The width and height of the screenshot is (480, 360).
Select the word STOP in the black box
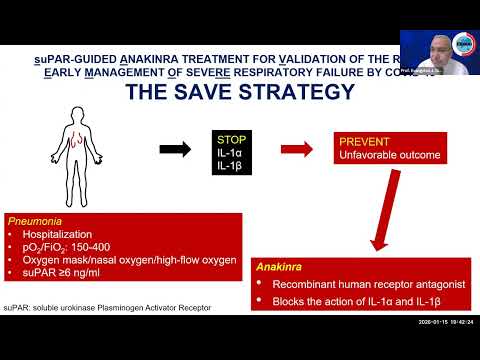(x=229, y=139)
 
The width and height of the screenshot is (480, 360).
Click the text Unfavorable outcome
(x=389, y=156)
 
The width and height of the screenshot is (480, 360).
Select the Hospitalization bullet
(x=61, y=232)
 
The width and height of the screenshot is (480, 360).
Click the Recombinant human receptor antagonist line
(x=359, y=284)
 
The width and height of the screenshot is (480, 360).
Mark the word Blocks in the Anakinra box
(x=287, y=301)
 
